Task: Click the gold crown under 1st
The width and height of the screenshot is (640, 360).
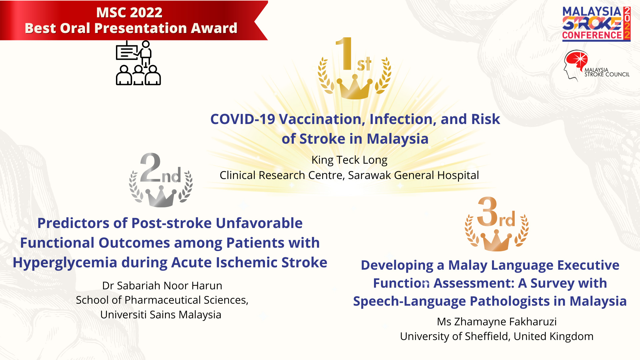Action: point(355,87)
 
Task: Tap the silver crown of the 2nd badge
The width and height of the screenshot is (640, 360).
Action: point(161,197)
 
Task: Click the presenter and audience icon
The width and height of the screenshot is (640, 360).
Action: point(138,63)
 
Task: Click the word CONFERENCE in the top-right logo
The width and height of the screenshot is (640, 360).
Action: point(592,35)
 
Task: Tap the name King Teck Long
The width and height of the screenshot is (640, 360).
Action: point(349,160)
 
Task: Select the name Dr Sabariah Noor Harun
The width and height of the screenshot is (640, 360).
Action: point(162,286)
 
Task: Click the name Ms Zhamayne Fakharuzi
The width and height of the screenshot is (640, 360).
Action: point(497,322)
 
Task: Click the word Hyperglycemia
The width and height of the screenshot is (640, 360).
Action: point(65,263)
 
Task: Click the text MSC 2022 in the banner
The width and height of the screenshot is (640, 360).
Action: point(129,13)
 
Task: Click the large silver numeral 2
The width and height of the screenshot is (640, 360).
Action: point(150,167)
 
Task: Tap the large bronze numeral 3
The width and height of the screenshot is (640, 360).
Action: point(487,211)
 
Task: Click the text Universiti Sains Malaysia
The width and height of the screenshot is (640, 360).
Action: point(161,315)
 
